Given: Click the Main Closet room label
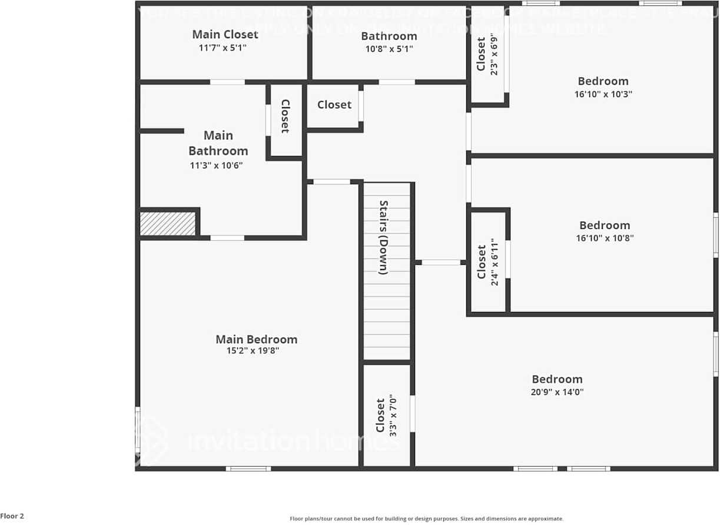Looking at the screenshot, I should (225, 34).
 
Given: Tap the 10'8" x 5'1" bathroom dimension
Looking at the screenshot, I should (389, 49).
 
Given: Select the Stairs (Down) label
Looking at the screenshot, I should (383, 238).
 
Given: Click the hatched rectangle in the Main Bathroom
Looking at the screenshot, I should (168, 224).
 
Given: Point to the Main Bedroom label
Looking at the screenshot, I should (256, 339).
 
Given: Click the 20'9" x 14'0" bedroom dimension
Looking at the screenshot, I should (557, 391).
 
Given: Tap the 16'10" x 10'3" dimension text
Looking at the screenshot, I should (603, 94).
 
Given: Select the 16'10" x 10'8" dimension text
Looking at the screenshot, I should (605, 238).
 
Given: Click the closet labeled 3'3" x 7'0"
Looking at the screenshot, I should (386, 416).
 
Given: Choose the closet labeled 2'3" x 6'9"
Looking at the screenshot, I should (487, 55).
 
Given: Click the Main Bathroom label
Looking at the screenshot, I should (218, 143).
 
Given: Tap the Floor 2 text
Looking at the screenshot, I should (12, 516).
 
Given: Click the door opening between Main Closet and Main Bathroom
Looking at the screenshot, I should (227, 82).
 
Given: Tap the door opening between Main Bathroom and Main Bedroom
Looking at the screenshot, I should (227, 238).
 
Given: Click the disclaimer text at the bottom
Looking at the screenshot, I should (426, 519).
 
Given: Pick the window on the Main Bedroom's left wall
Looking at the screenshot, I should (138, 429).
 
